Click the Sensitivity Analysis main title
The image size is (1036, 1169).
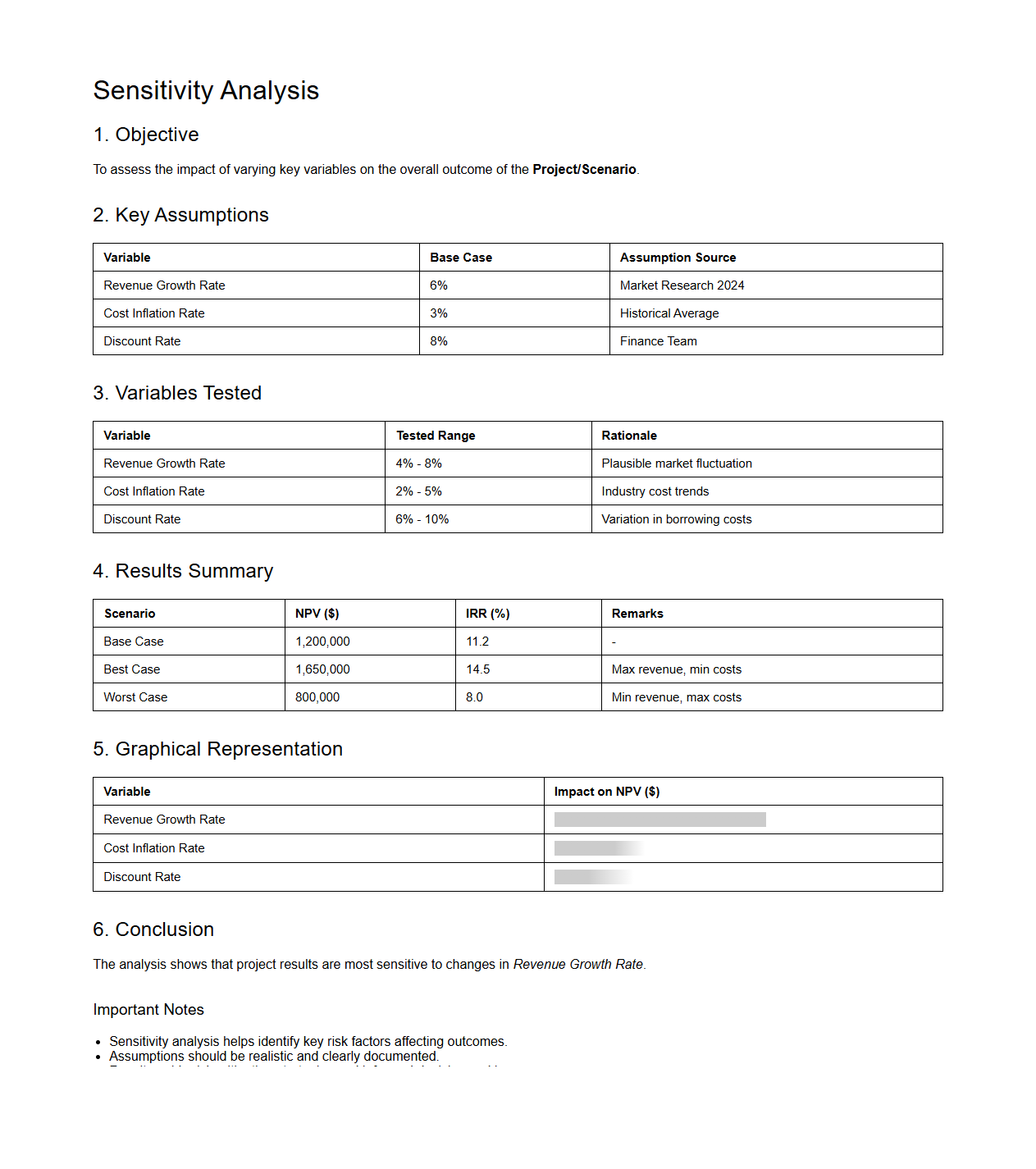206,90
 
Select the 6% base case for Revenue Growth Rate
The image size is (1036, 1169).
439,285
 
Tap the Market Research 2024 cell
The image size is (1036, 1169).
682,285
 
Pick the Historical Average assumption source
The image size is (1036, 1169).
669,313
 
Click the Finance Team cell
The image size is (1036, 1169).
658,341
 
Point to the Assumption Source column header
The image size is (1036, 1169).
678,258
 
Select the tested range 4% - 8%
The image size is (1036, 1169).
418,463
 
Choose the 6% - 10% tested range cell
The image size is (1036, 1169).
422,519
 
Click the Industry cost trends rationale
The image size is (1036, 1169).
655,491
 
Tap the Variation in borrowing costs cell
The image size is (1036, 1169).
676,519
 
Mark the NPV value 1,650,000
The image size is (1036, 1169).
322,669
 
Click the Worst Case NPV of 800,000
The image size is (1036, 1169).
317,697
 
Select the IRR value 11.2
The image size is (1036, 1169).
477,642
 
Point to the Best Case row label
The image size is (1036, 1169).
132,669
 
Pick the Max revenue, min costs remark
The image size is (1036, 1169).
676,669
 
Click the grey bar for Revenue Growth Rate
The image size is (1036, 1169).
659,820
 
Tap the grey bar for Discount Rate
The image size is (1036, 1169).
591,877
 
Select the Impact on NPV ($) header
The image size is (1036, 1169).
606,792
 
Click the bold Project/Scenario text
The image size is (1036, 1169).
584,170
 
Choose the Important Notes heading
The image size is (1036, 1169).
148,1010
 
